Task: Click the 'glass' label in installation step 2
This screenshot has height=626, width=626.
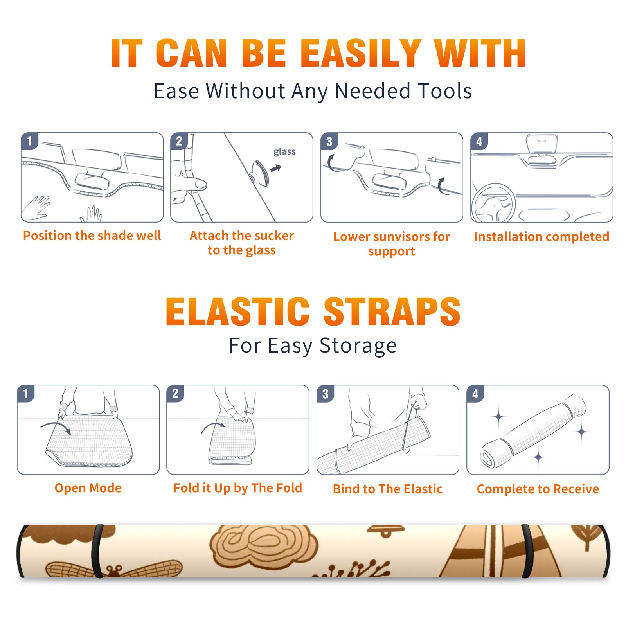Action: pyautogui.click(x=284, y=152)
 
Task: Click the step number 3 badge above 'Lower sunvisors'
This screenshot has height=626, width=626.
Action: pyautogui.click(x=329, y=141)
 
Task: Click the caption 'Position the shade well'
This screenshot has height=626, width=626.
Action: pyautogui.click(x=92, y=236)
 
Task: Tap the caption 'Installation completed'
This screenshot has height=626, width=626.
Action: pyautogui.click(x=541, y=237)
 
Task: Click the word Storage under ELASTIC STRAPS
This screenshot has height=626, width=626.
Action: pyautogui.click(x=358, y=346)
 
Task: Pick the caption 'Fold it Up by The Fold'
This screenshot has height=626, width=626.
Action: pyautogui.click(x=238, y=488)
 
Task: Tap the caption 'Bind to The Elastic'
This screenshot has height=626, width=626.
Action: pyautogui.click(x=388, y=489)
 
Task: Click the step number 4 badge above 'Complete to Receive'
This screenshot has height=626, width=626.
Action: pyautogui.click(x=475, y=394)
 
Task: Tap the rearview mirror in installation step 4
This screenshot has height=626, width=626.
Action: pyautogui.click(x=541, y=144)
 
